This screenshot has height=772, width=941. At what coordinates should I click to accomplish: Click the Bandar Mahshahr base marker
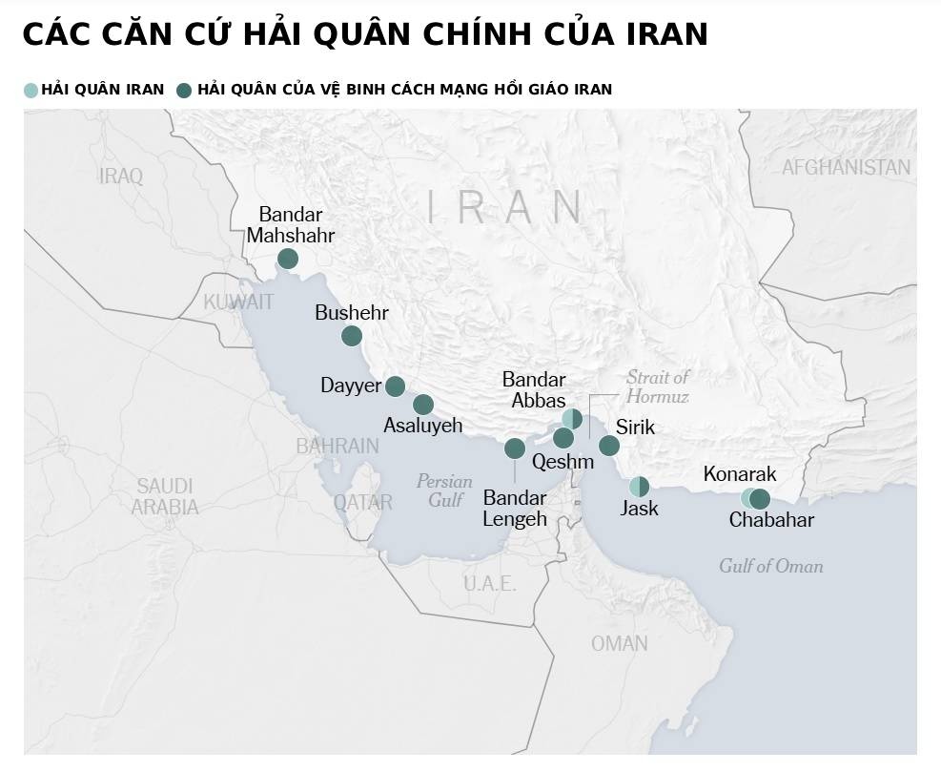click(288, 259)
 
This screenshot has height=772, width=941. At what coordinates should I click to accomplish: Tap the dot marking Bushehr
click(352, 336)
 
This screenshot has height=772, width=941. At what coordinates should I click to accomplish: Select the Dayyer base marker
click(395, 386)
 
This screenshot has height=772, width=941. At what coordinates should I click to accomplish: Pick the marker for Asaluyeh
click(423, 405)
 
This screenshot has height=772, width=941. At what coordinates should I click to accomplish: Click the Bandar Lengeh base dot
click(515, 448)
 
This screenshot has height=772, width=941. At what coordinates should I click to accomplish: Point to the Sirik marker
click(609, 446)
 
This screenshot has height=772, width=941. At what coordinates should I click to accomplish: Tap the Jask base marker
click(639, 486)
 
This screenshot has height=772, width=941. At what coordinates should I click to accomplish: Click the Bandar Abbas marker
click(572, 418)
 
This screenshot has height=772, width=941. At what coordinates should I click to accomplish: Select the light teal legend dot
click(31, 90)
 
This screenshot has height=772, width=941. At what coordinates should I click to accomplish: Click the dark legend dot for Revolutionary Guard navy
click(184, 90)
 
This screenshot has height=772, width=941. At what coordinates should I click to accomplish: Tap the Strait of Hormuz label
click(657, 386)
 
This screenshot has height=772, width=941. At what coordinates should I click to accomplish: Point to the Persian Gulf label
click(444, 490)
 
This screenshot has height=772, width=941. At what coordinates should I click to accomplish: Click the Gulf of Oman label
click(770, 566)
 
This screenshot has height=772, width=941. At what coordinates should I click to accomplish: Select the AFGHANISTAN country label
click(846, 168)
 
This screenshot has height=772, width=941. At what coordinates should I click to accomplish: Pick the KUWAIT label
click(238, 302)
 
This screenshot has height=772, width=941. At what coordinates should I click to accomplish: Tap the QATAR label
click(362, 501)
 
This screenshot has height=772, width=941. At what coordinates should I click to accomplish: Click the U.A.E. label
click(489, 583)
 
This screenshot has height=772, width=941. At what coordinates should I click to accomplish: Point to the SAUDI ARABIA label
click(165, 496)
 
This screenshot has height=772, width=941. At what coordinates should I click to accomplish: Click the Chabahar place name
click(771, 520)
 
